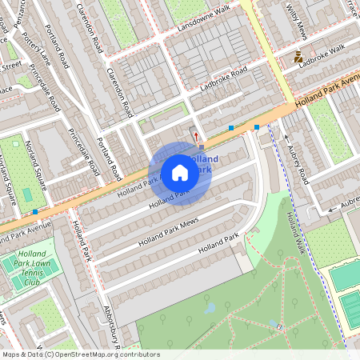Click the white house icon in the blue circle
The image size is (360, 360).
[180, 173]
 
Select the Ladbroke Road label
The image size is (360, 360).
[224, 76]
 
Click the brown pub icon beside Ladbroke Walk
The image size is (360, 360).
[298, 57]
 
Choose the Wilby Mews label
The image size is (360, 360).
[295, 21]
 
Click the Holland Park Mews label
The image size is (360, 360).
[167, 232]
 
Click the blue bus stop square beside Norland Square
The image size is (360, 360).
[36, 212]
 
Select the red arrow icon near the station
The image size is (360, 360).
[196, 136]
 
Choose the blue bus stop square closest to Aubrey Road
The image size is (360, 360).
[256, 127]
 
